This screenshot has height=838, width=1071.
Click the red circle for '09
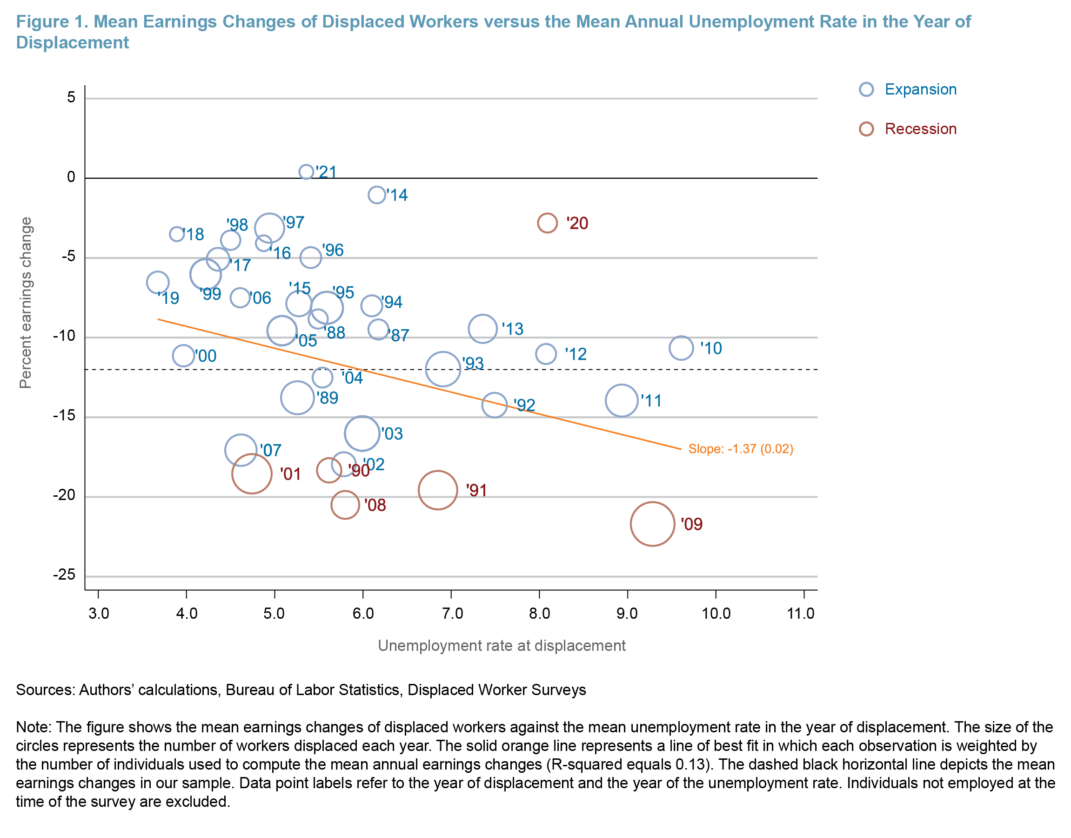(x=652, y=524)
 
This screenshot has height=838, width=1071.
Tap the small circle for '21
(x=306, y=172)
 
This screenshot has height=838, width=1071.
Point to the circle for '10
(x=681, y=348)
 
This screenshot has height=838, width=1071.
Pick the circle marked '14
(x=376, y=195)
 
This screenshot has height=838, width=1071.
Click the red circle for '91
(x=438, y=490)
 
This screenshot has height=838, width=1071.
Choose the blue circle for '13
(x=483, y=328)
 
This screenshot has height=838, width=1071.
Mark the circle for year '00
(x=183, y=355)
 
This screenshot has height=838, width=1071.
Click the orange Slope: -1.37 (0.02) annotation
(x=740, y=449)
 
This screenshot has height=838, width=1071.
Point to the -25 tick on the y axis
(x=64, y=574)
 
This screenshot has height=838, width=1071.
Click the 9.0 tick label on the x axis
(x=627, y=613)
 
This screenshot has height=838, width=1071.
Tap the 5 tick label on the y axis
(x=71, y=98)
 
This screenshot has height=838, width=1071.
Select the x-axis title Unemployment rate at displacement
(x=501, y=646)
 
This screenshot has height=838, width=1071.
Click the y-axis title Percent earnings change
(x=26, y=303)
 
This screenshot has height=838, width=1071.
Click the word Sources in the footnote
(x=45, y=690)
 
